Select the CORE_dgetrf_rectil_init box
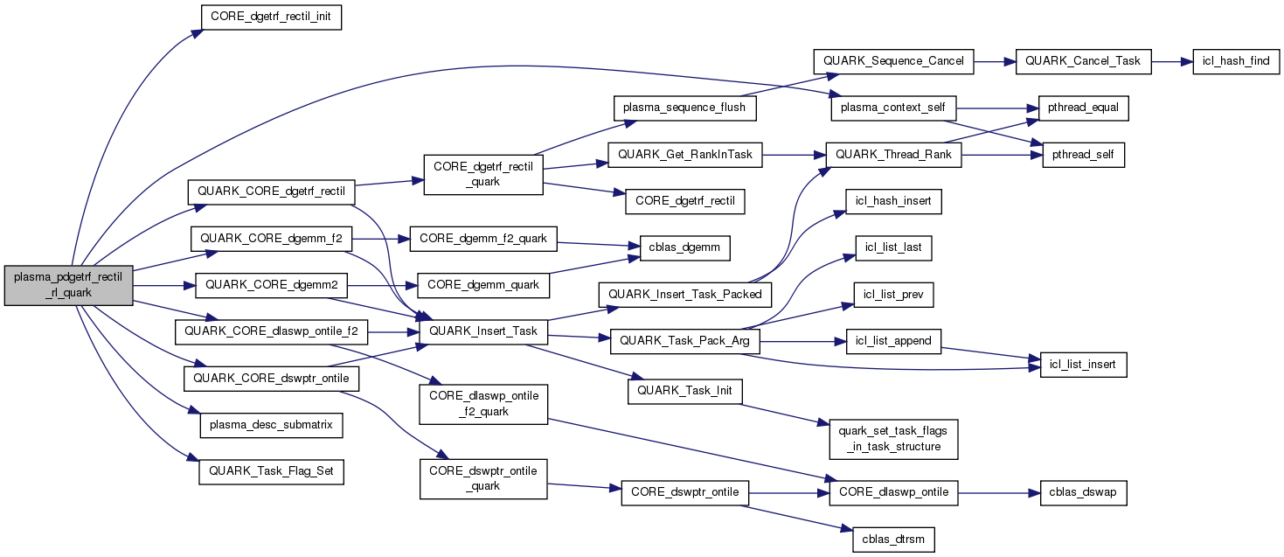pos(270,17)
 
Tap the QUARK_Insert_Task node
pos(483,331)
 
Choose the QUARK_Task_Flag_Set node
pos(271,472)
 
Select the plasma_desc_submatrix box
pos(271,426)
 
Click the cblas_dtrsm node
pos(893,540)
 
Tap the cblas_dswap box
pos(1083,492)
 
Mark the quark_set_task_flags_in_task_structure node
pos(893,439)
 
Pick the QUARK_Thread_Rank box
pos(886,155)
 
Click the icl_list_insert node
pos(1083,364)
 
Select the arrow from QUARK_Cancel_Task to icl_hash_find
pos(1171,61)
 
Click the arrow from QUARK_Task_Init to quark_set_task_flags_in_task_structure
pos(787,414)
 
